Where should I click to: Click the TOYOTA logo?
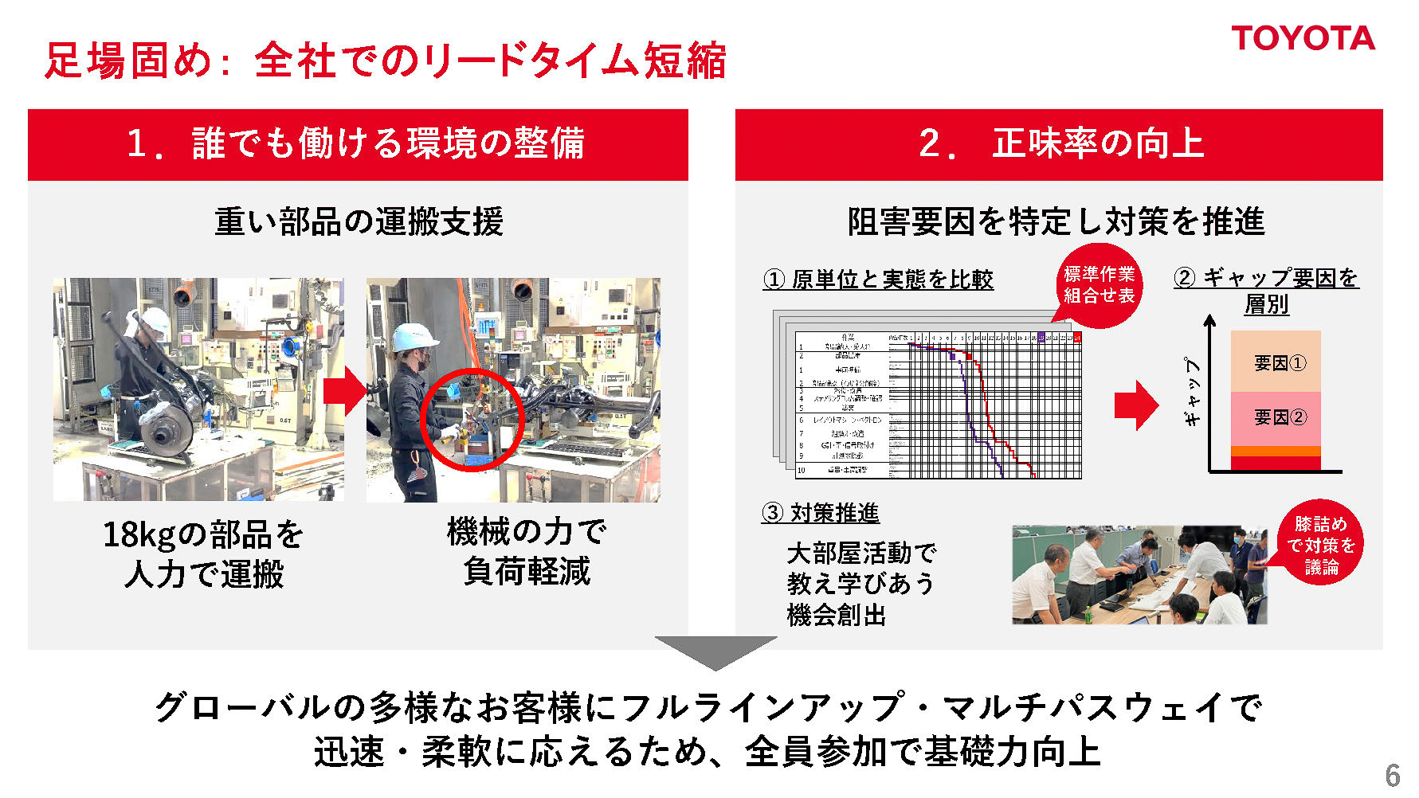point(1303,38)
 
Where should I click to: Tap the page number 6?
point(1392,775)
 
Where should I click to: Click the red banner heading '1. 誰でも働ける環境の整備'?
point(357,144)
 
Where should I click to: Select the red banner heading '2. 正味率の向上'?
point(1058,144)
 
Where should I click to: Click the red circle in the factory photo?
point(472,419)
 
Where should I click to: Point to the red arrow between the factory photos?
point(344,391)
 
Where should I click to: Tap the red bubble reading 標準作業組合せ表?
point(1099,285)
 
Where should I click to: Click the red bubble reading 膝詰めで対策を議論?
point(1320,545)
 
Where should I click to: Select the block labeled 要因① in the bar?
point(1276,362)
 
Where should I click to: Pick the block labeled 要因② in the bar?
point(1276,417)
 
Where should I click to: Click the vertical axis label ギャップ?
point(1192,392)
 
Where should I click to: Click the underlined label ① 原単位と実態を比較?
point(878,280)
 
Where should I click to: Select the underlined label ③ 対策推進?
point(820,513)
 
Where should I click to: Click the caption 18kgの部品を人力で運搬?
point(204,554)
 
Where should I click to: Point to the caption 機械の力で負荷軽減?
point(527,551)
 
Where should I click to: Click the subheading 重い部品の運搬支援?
point(359,221)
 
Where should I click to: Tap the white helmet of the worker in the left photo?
point(154,318)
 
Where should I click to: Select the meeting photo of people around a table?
point(1139,575)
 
